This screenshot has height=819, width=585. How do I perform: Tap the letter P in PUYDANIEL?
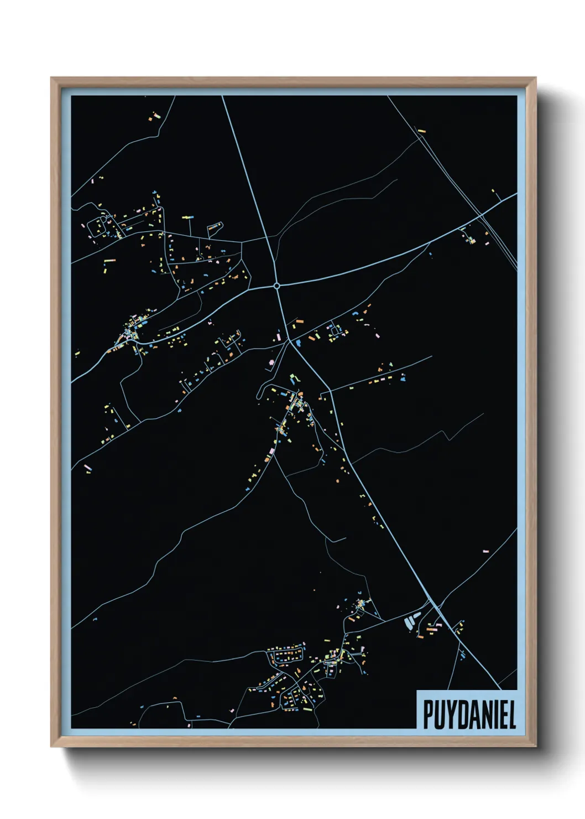tap(428, 714)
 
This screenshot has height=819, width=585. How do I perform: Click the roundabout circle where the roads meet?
tap(276, 286)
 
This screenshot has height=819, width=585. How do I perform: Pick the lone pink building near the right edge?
tap(485, 551)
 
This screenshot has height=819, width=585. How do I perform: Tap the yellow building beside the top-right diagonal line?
tap(422, 131)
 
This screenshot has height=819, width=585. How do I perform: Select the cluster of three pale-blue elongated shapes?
tap(412, 621)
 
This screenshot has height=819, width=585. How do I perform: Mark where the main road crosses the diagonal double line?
tap(482, 214)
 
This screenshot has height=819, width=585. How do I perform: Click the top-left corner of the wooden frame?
tap(52, 79)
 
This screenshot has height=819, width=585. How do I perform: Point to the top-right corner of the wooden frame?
tap(535, 79)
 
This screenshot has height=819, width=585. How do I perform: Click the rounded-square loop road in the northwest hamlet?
tap(101, 227)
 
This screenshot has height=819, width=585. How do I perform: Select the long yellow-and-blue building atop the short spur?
tap(189, 218)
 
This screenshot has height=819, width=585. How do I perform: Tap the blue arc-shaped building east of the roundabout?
tap(356, 314)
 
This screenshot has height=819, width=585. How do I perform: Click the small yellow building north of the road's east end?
tap(493, 191)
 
